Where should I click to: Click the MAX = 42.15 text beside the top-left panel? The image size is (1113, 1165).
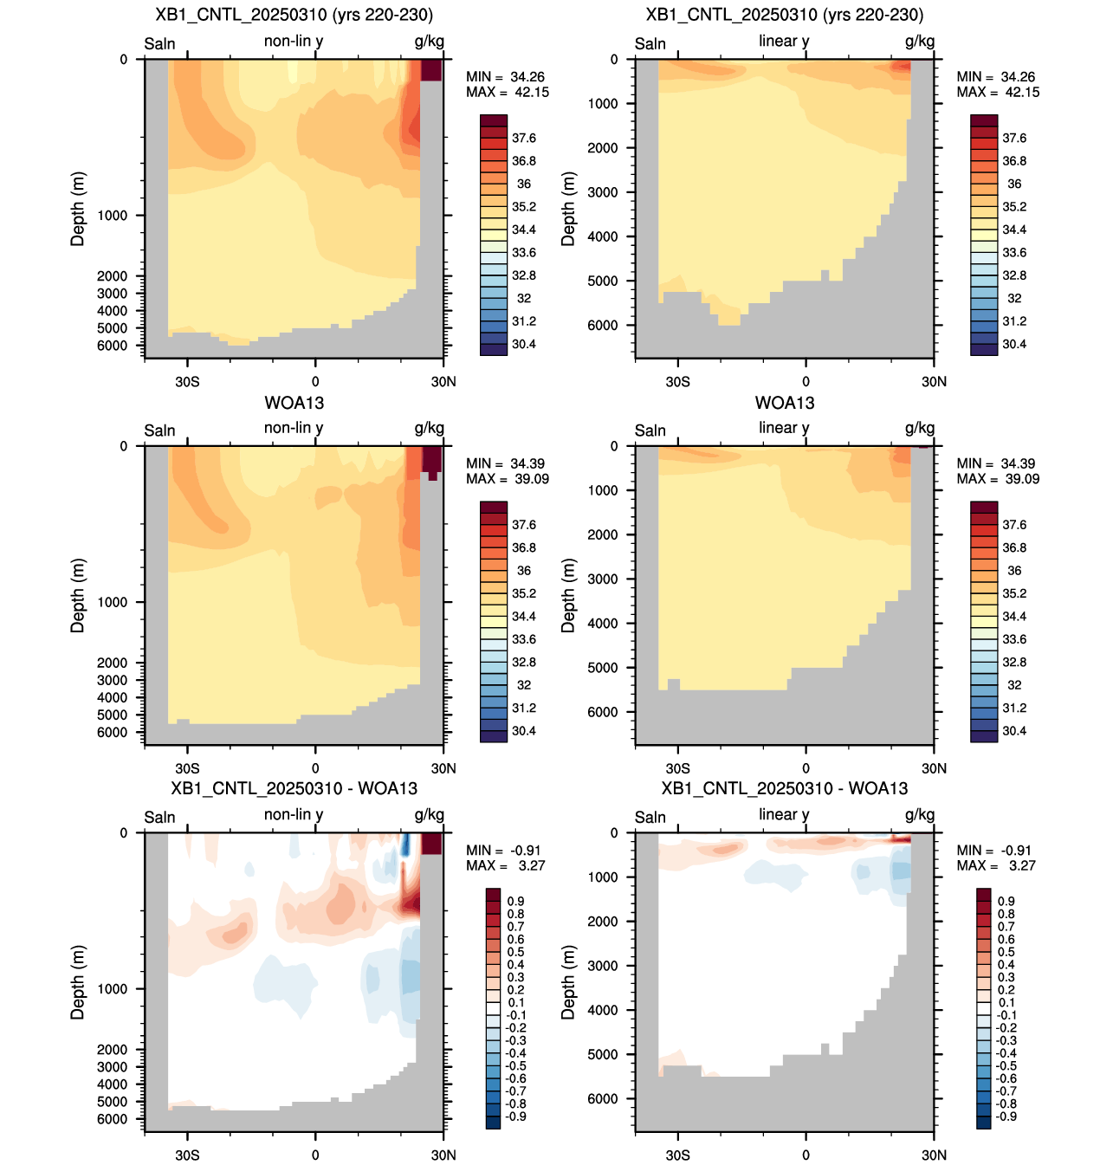[507, 92]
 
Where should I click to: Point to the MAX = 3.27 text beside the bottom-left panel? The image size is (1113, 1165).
[505, 865]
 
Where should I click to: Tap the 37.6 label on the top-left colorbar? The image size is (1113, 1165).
[523, 139]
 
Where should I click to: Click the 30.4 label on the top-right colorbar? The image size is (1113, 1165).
[1013, 344]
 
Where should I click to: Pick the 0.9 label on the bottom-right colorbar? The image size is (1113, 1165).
[1006, 902]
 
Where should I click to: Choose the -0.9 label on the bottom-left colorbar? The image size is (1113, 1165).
[515, 1116]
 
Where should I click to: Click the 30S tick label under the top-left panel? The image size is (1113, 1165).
[187, 382]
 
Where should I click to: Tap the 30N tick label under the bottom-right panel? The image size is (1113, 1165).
[934, 1155]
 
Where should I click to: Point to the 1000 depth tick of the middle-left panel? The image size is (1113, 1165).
[112, 602]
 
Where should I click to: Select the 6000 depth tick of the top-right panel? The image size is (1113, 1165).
[602, 326]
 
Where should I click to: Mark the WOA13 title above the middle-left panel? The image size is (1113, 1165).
[294, 403]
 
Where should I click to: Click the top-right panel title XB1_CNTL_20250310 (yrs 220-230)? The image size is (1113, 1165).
[785, 15]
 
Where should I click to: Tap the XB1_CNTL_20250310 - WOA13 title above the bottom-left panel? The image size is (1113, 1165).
[294, 788]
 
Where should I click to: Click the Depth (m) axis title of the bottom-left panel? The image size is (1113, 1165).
[78, 982]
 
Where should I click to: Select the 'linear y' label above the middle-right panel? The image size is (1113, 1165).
[784, 428]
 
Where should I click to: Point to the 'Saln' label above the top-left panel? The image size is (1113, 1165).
[159, 44]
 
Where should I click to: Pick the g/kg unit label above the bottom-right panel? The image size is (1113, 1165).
[920, 815]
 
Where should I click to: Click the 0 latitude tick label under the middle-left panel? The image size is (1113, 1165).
[315, 768]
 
